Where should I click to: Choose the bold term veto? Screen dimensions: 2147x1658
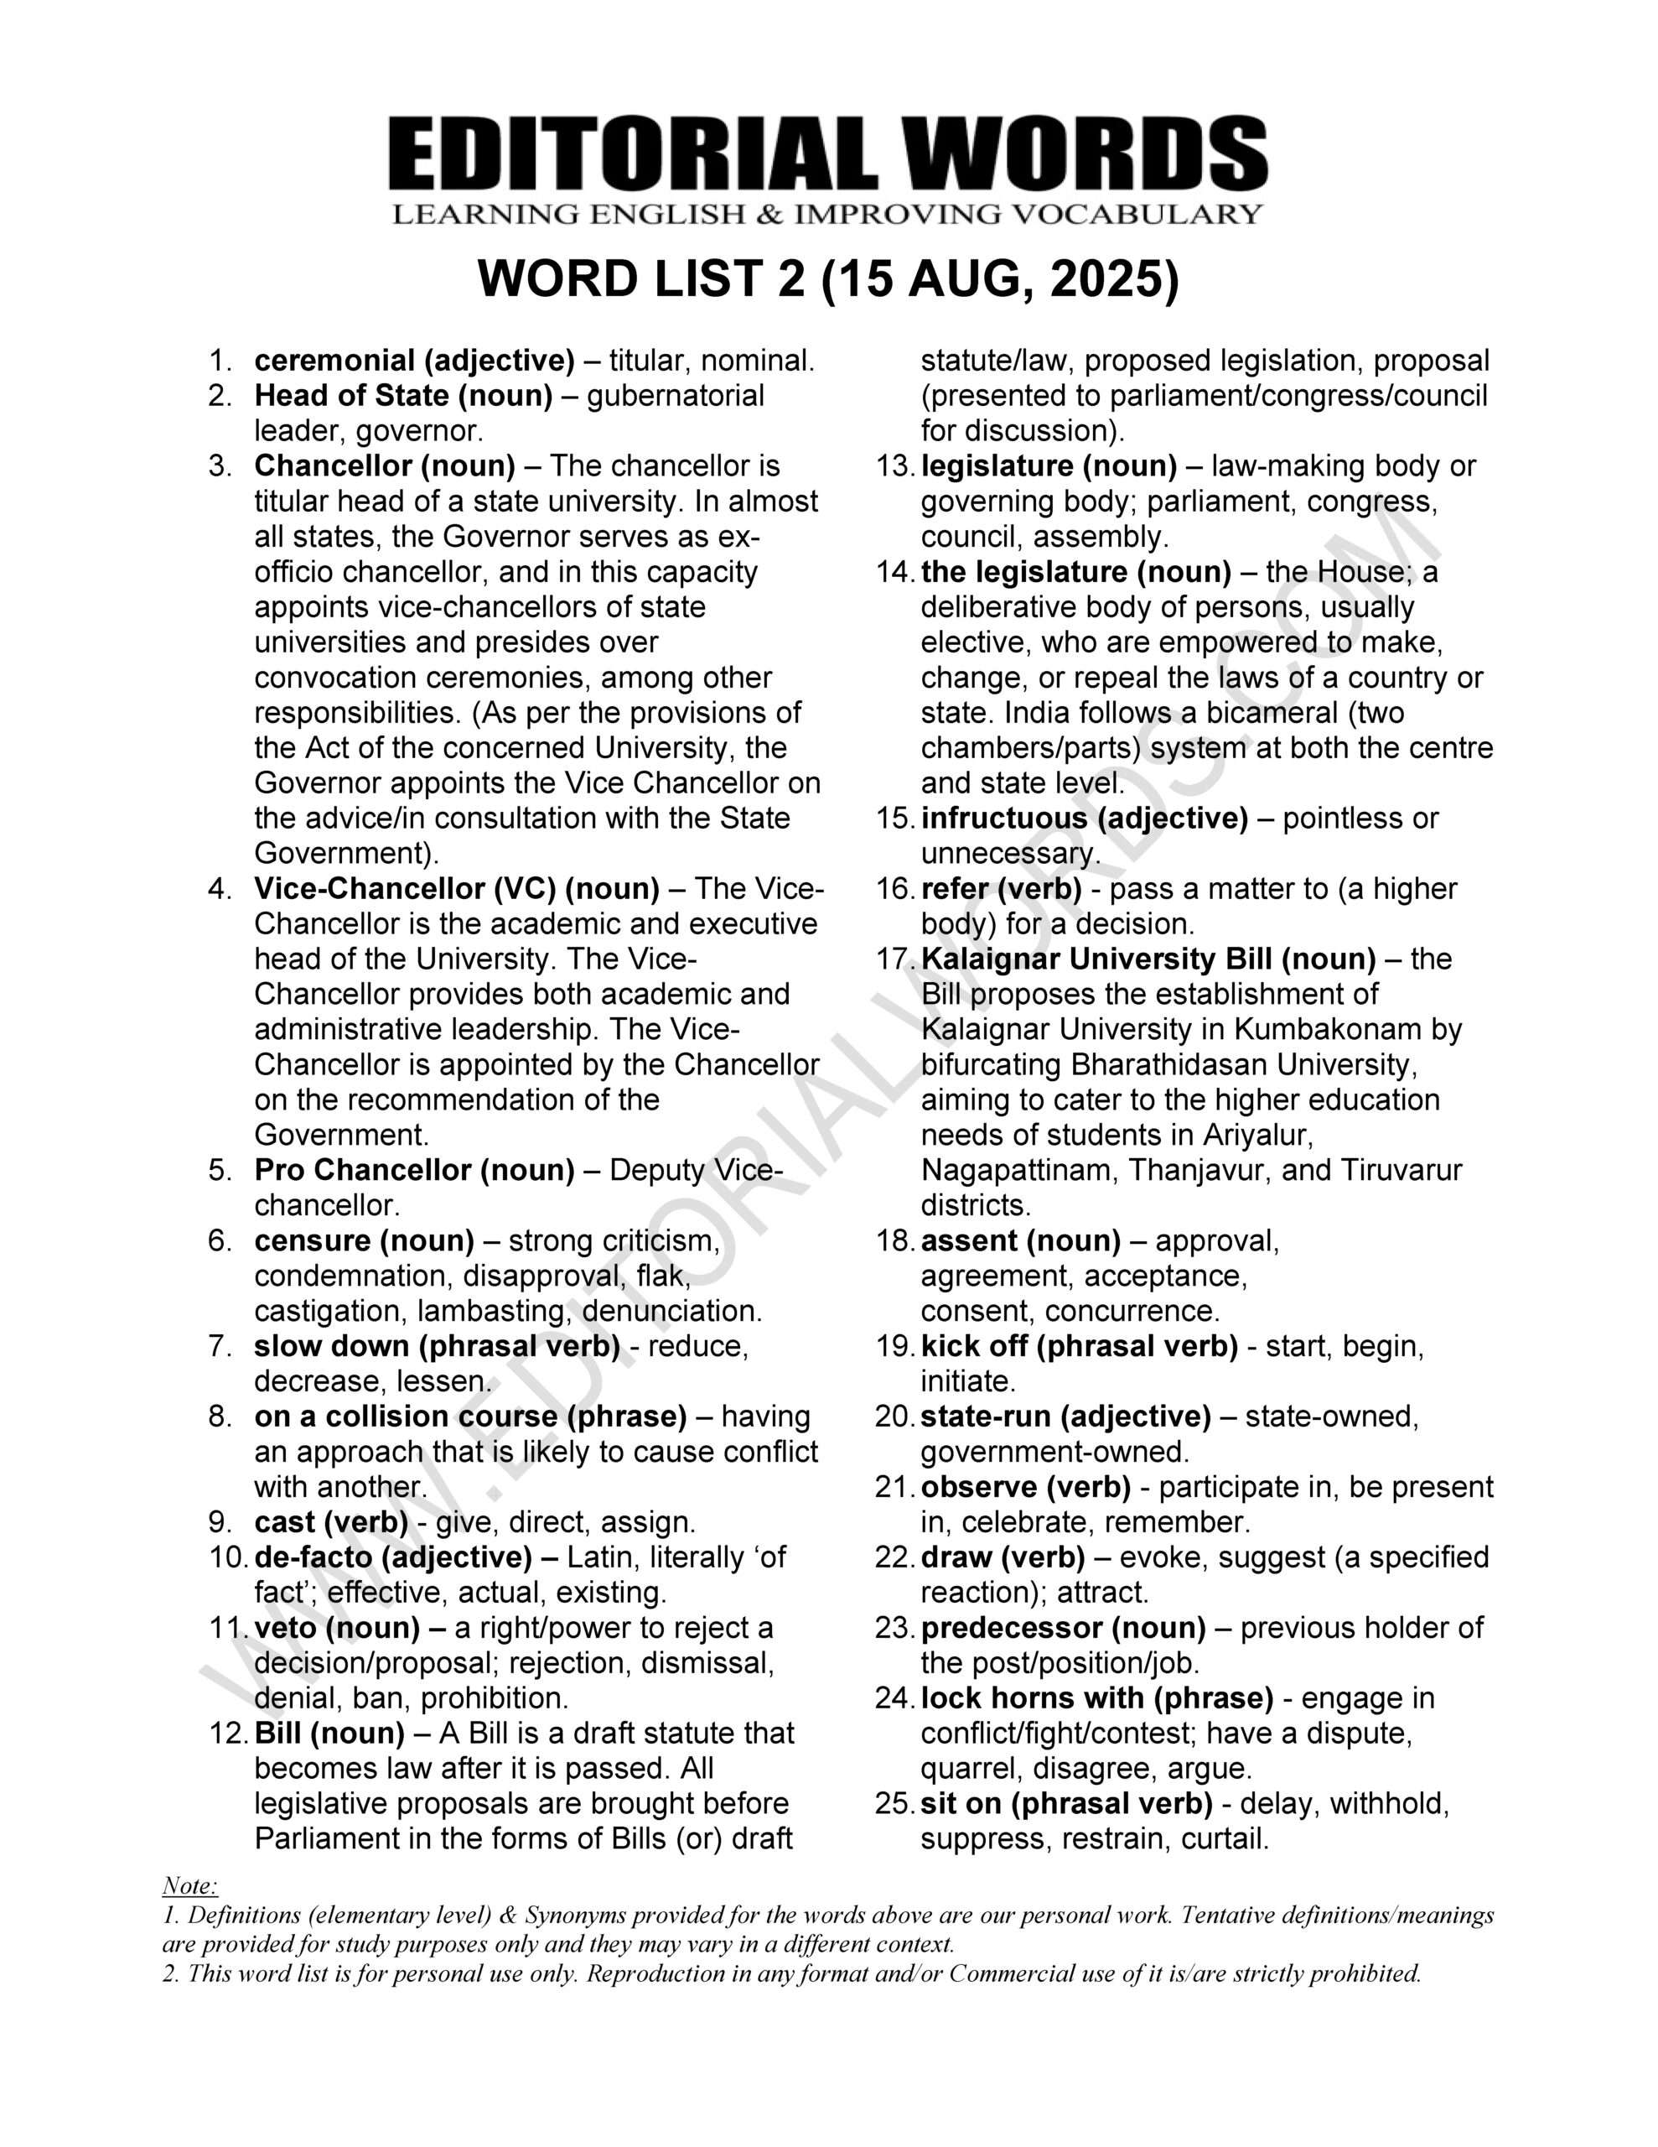point(285,1628)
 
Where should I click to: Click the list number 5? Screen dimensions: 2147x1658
point(220,1170)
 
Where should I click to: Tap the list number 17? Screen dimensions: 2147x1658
point(894,959)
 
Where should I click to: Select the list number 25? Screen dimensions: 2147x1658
point(894,1804)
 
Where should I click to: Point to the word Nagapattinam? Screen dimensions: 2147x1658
point(1018,1170)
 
